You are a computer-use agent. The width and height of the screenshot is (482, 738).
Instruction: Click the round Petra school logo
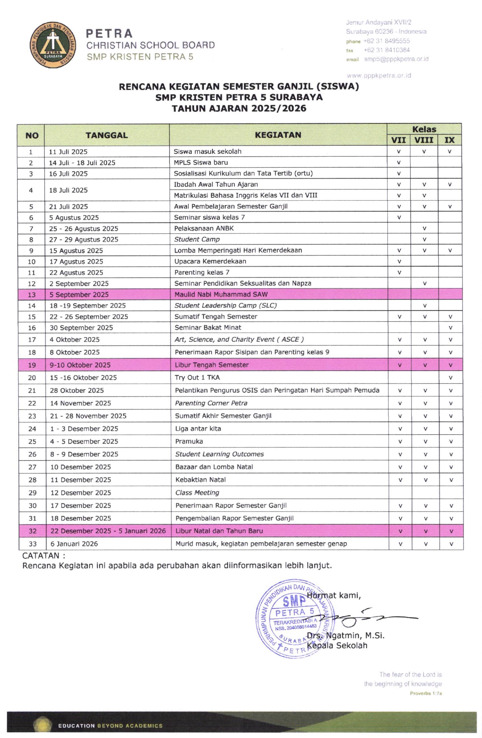pyautogui.click(x=53, y=45)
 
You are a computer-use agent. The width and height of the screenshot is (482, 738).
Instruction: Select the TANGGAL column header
pyautogui.click(x=106, y=135)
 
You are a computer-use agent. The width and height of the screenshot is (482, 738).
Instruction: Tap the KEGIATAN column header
pyautogui.click(x=278, y=135)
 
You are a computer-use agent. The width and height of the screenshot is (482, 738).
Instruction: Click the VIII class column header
pyautogui.click(x=424, y=140)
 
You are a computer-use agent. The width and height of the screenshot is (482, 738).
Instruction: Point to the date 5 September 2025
pyautogui.click(x=79, y=295)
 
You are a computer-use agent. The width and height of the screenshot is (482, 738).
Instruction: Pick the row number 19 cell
pyautogui.click(x=32, y=365)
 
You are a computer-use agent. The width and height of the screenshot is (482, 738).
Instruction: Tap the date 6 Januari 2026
pyautogui.click(x=74, y=544)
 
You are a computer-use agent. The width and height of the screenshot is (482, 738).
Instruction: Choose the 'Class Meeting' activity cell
pyautogui.click(x=197, y=493)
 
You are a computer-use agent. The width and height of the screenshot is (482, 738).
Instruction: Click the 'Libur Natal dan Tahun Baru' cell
pyautogui.click(x=219, y=531)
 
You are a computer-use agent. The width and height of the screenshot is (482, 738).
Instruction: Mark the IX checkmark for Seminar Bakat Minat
pyautogui.click(x=451, y=328)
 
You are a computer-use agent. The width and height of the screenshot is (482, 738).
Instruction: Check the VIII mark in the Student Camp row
pyautogui.click(x=424, y=240)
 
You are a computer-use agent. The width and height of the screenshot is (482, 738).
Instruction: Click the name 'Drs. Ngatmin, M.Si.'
pyautogui.click(x=345, y=635)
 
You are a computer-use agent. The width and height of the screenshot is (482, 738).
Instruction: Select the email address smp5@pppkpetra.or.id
pyautogui.click(x=396, y=59)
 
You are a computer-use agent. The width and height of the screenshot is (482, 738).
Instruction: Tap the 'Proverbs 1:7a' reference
pyautogui.click(x=426, y=693)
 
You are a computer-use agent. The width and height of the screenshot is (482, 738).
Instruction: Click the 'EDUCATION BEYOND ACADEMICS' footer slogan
pyautogui.click(x=110, y=726)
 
